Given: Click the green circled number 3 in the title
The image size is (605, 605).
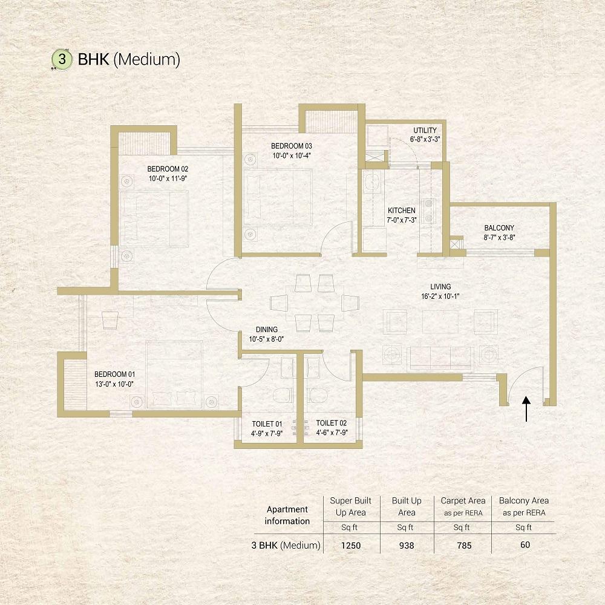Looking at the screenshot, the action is pyautogui.click(x=62, y=59).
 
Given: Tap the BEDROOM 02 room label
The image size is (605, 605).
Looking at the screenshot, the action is pyautogui.click(x=168, y=169).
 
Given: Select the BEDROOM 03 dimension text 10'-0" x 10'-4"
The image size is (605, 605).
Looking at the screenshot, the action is pyautogui.click(x=292, y=156).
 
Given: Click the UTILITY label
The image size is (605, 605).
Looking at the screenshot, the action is pyautogui.click(x=425, y=131).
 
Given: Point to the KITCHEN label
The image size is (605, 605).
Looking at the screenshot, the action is pyautogui.click(x=402, y=211).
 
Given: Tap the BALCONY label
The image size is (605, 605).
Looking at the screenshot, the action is pyautogui.click(x=499, y=228).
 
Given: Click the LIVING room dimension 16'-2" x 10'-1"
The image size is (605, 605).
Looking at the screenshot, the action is pyautogui.click(x=440, y=296).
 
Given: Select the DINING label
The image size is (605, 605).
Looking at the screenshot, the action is pyautogui.click(x=267, y=330).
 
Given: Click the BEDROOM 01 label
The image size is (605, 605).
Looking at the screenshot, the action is pyautogui.click(x=114, y=374).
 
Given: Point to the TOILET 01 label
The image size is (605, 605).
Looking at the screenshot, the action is pyautogui.click(x=267, y=424).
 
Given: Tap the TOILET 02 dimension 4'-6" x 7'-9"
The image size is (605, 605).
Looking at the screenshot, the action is pyautogui.click(x=332, y=433).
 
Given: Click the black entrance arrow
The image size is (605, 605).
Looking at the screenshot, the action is pyautogui.click(x=526, y=409).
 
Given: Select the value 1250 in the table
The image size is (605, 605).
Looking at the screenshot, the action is pyautogui.click(x=351, y=546).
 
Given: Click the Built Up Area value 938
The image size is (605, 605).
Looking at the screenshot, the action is pyautogui.click(x=407, y=546).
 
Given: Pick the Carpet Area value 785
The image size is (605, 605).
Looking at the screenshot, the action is pyautogui.click(x=464, y=546).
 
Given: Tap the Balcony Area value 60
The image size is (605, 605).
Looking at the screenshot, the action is pyautogui.click(x=525, y=545).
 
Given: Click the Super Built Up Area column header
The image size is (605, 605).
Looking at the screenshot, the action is pyautogui.click(x=350, y=506).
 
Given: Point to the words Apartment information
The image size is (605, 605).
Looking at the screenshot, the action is pyautogui.click(x=287, y=515).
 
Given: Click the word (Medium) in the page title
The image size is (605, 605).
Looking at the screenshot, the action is pyautogui.click(x=147, y=60).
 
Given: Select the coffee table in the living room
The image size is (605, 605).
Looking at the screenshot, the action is pyautogui.click(x=440, y=321).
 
